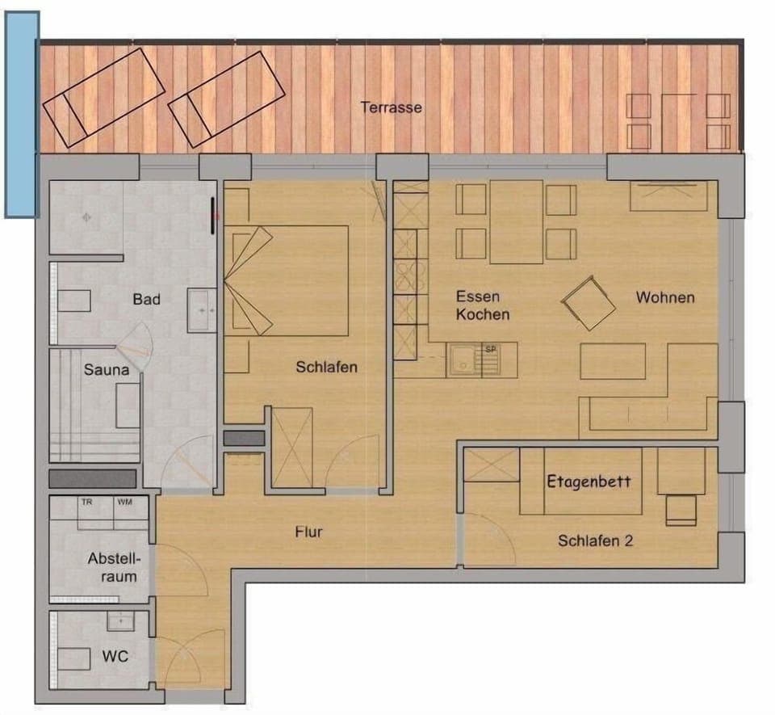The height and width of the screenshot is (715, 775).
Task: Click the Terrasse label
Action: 391,107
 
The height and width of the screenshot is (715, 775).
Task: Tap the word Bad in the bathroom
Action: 147,300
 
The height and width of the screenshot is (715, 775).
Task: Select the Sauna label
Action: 107,371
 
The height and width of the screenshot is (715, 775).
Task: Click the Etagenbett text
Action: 589,482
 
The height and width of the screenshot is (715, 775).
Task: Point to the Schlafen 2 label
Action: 595,540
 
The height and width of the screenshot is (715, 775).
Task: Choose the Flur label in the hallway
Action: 308,532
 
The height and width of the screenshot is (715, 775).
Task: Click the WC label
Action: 115,657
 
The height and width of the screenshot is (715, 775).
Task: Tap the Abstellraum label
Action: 114,567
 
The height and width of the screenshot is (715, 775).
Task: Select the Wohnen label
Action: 664,297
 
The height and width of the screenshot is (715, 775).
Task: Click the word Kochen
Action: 482,314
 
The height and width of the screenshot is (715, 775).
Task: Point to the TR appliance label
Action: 86,503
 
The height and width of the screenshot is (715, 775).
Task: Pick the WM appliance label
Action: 124,503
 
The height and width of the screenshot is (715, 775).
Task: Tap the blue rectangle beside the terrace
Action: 21,115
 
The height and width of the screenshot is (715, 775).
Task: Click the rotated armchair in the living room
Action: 589,303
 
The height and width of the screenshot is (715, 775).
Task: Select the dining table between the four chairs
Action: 516,221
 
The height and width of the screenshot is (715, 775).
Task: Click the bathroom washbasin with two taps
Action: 201,310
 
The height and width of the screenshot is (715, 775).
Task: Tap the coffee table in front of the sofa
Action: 613,361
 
